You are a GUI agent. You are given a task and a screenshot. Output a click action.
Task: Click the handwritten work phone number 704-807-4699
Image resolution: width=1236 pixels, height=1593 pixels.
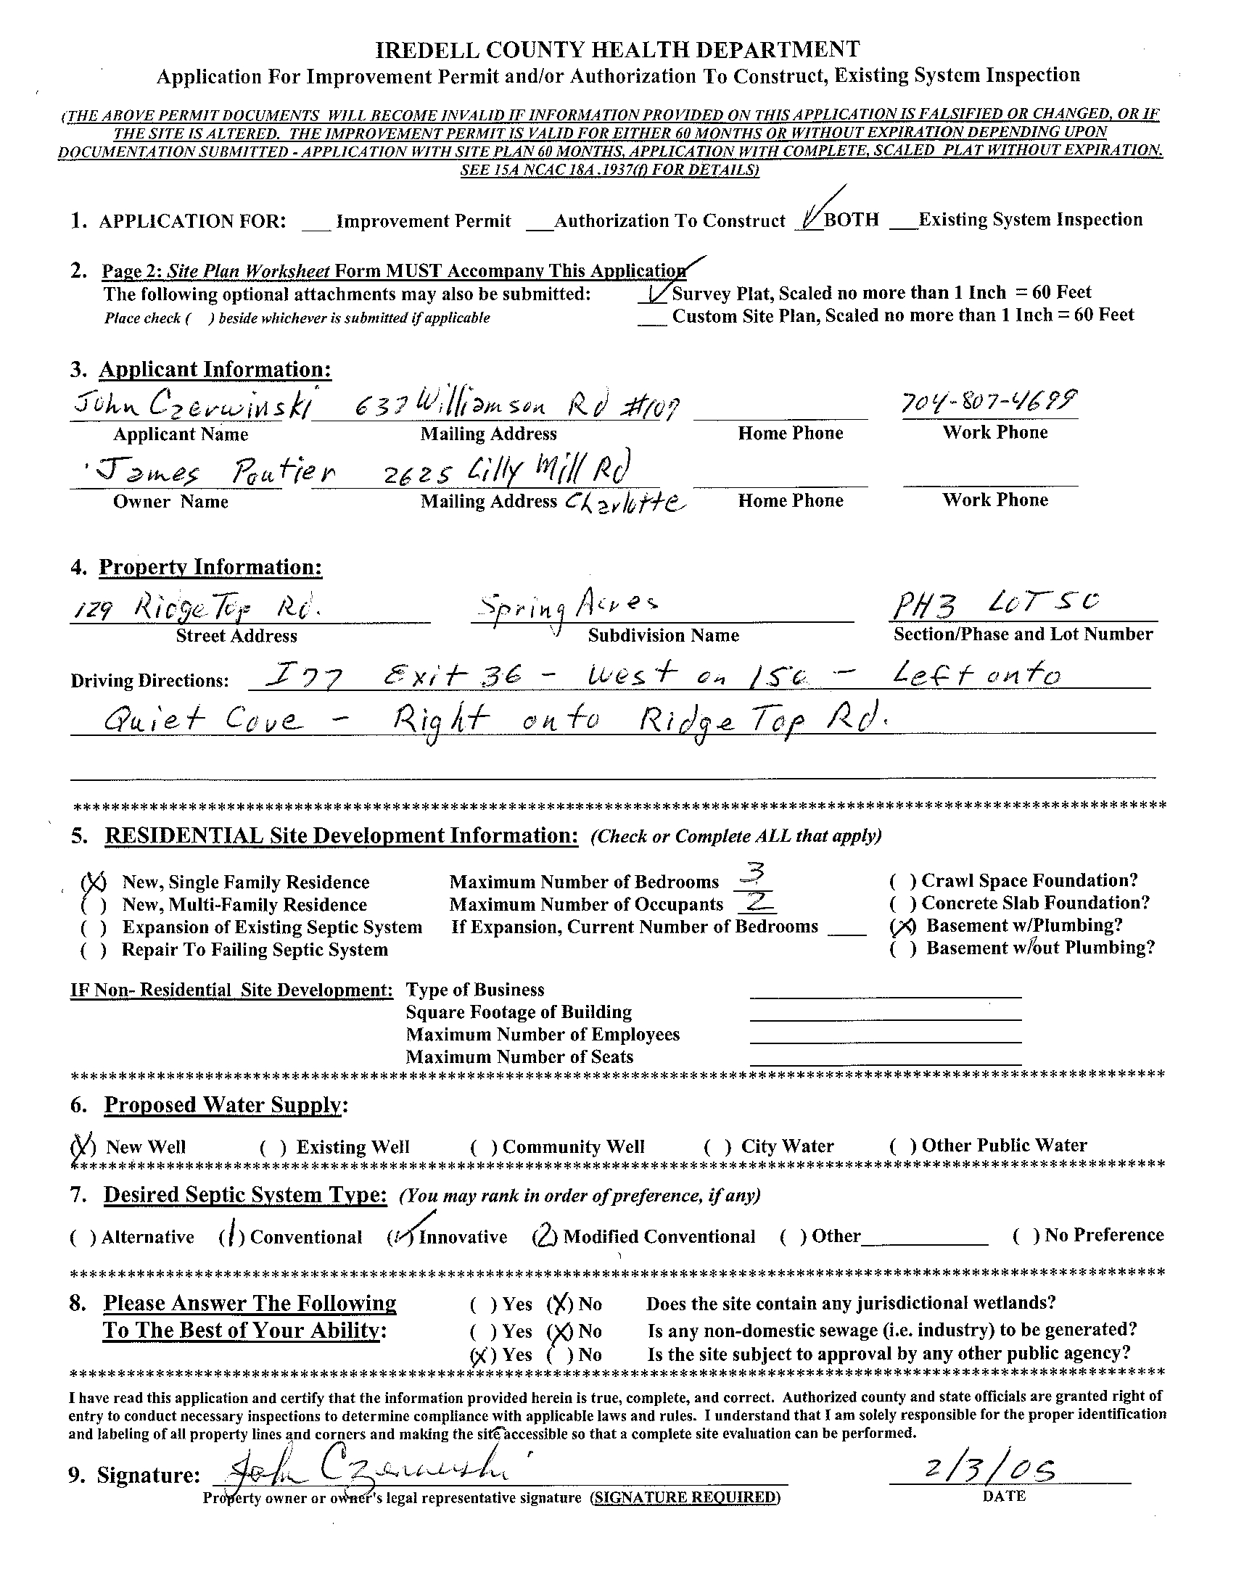click(989, 402)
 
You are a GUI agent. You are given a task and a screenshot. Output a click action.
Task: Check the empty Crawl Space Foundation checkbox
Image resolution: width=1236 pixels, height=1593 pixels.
click(903, 881)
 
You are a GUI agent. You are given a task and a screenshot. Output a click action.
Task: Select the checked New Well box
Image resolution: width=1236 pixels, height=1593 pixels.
click(83, 1146)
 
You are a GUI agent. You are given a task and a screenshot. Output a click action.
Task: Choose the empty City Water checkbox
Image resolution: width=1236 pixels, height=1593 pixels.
click(719, 1146)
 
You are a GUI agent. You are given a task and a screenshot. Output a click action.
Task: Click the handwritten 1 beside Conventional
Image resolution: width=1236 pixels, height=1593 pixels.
click(231, 1236)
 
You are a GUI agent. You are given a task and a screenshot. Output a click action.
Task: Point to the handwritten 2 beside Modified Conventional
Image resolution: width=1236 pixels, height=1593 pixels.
click(545, 1236)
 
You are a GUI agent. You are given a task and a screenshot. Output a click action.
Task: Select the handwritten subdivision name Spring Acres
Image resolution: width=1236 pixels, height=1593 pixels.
click(567, 608)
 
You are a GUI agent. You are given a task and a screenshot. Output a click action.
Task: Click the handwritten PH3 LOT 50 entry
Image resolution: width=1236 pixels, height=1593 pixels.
click(996, 604)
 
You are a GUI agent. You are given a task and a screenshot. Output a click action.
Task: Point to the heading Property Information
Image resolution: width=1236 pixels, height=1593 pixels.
click(210, 567)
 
